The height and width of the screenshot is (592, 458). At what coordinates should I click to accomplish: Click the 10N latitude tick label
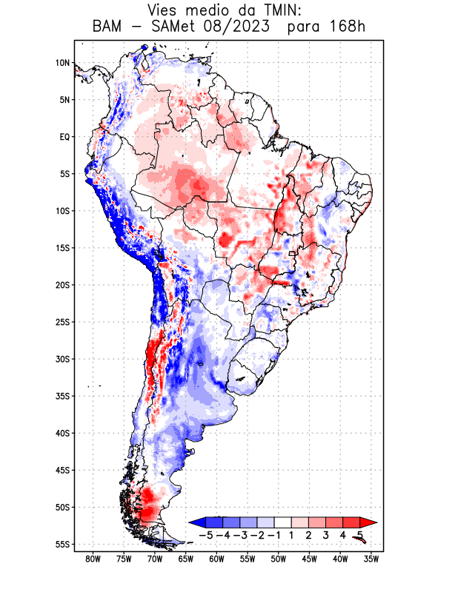click(x=62, y=63)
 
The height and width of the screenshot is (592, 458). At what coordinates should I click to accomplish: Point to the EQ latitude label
click(x=64, y=137)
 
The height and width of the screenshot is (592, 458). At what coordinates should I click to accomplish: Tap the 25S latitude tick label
click(x=62, y=322)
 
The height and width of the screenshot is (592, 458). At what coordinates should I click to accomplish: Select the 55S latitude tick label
click(x=62, y=545)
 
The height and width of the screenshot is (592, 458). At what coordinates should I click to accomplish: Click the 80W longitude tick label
click(x=93, y=559)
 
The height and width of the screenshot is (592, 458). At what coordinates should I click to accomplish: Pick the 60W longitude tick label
click(x=216, y=559)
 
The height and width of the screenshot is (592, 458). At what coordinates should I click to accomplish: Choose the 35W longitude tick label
click(x=371, y=559)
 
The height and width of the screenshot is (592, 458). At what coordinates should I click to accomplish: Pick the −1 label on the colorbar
click(x=274, y=534)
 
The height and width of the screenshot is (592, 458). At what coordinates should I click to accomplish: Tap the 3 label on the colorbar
click(x=326, y=534)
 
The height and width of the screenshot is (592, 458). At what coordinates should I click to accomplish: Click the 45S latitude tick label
click(x=62, y=470)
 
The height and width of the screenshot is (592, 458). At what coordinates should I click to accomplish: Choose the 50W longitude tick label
click(x=278, y=559)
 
